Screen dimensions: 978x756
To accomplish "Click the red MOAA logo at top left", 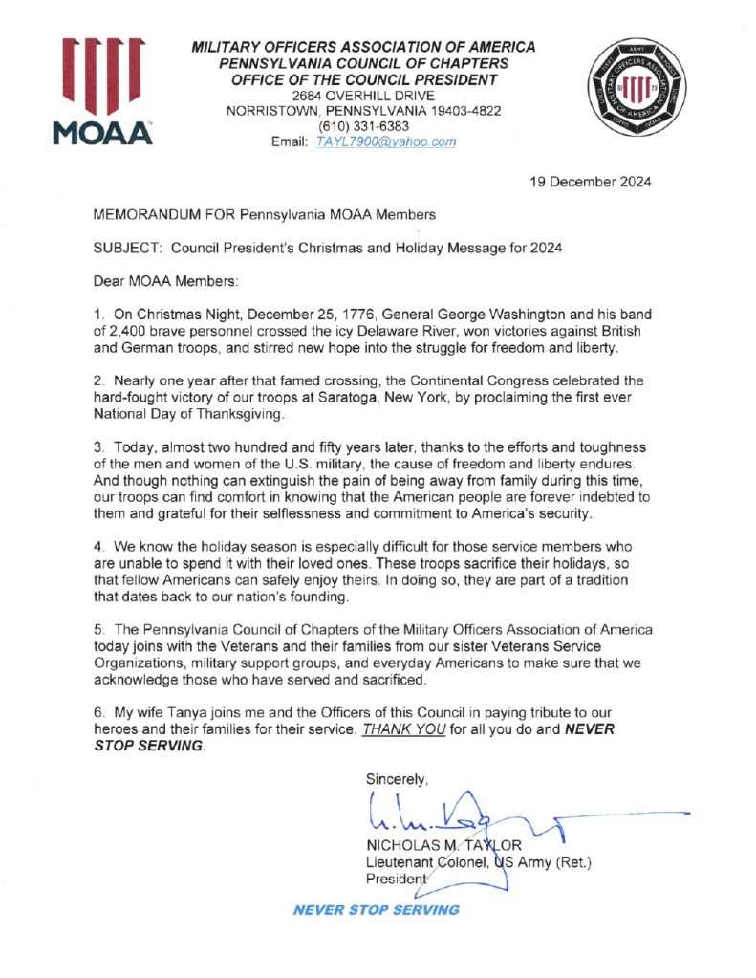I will [x=103, y=92].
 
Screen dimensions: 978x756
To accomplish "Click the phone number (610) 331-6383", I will [x=363, y=125].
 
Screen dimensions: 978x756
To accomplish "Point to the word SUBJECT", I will [x=126, y=248].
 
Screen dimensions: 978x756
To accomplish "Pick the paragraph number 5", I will [x=97, y=629].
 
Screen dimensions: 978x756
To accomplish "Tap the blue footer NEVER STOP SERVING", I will [x=376, y=909].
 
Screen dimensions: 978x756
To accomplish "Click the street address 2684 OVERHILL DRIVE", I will [x=364, y=95].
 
